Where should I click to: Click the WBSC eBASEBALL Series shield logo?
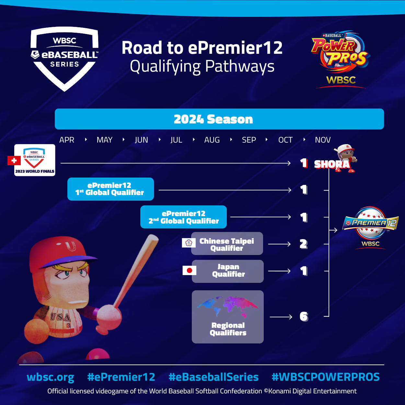click(x=64, y=58)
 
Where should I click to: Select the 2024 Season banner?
click(x=219, y=119)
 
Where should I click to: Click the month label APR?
click(x=67, y=140)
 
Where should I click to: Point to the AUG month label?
click(x=212, y=140)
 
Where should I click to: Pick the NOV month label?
click(x=323, y=140)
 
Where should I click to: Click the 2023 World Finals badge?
click(x=35, y=160)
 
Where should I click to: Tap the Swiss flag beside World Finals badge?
click(x=14, y=160)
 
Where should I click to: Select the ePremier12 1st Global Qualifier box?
click(x=110, y=189)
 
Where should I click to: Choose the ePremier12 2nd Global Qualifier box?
click(x=183, y=217)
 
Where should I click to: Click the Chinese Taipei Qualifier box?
click(x=227, y=244)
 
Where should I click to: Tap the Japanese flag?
click(x=189, y=270)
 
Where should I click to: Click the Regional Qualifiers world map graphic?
click(x=227, y=306)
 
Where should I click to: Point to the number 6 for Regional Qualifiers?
click(x=304, y=317)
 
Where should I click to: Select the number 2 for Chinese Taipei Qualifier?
click(x=303, y=244)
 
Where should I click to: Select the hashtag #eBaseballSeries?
click(x=214, y=377)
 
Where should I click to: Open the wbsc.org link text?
click(x=51, y=377)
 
